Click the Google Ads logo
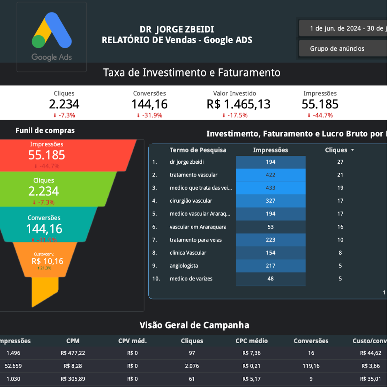pyautogui.click(x=52, y=36)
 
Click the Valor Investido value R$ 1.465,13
pyautogui.click(x=238, y=104)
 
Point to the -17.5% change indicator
pyautogui.click(x=235, y=115)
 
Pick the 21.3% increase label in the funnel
pyautogui.click(x=44, y=268)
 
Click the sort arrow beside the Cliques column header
pyautogui.click(x=352, y=150)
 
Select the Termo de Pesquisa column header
pyautogui.click(x=198, y=150)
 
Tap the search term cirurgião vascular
pyautogui.click(x=191, y=201)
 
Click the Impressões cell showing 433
pyautogui.click(x=270, y=188)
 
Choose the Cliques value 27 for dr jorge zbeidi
pyautogui.click(x=340, y=162)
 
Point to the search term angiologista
pyautogui.click(x=184, y=266)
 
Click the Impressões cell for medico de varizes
pyautogui.click(x=270, y=279)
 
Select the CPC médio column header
pyautogui.click(x=251, y=341)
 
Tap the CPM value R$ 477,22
pyautogui.click(x=73, y=353)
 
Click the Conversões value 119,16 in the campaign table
pyautogui.click(x=311, y=366)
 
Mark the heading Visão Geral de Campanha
pyautogui.click(x=194, y=325)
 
